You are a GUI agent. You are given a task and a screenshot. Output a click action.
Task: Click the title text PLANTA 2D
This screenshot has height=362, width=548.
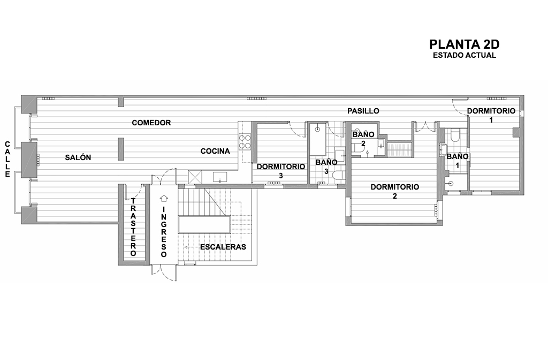pyautogui.click(x=464, y=44)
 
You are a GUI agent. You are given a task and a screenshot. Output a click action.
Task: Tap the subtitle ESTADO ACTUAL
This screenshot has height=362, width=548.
pyautogui.click(x=464, y=55)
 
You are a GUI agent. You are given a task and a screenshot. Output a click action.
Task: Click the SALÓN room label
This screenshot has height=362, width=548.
pyautogui.click(x=78, y=158)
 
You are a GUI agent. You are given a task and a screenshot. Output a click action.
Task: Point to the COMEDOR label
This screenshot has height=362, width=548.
pyautogui.click(x=151, y=123)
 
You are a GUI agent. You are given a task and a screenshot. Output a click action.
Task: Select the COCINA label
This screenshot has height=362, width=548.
pyautogui.click(x=215, y=151)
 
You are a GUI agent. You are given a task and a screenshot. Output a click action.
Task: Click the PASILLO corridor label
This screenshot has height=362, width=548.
pyautogui.click(x=363, y=111)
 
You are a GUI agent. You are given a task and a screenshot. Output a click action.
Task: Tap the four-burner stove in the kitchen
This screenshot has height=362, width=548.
pyautogui.click(x=245, y=142)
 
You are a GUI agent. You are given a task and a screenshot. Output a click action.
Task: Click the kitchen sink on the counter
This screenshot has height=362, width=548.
pyautogui.click(x=220, y=177)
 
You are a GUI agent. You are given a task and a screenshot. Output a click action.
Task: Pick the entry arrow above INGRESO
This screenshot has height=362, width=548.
pyautogui.click(x=164, y=198)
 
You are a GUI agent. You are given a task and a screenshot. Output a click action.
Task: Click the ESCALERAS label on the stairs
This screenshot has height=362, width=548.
pyautogui.click(x=223, y=247)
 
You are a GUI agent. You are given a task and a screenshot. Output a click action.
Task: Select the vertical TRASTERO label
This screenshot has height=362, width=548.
pyautogui.click(x=133, y=227)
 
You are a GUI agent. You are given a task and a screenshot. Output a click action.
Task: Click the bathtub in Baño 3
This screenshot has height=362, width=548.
pyautogui.click(x=317, y=139)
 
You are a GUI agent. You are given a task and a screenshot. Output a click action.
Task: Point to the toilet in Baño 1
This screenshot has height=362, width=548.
pyautogui.click(x=455, y=135)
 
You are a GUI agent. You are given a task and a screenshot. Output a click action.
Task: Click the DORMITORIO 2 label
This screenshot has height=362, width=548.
pyautogui.click(x=395, y=191)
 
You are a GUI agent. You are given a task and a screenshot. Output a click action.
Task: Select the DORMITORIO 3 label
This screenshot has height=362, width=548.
pyautogui.click(x=280, y=171)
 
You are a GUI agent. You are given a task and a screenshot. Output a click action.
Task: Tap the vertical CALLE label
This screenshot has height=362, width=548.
pyautogui.click(x=7, y=159)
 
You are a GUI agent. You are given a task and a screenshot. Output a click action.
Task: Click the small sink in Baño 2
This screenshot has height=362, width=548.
pyautogui.click(x=381, y=144)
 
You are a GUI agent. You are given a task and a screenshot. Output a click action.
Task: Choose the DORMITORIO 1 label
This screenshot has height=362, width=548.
pyautogui.click(x=491, y=115)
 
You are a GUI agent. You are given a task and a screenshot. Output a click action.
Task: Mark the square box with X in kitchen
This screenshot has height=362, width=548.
pyautogui.click(x=195, y=177)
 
